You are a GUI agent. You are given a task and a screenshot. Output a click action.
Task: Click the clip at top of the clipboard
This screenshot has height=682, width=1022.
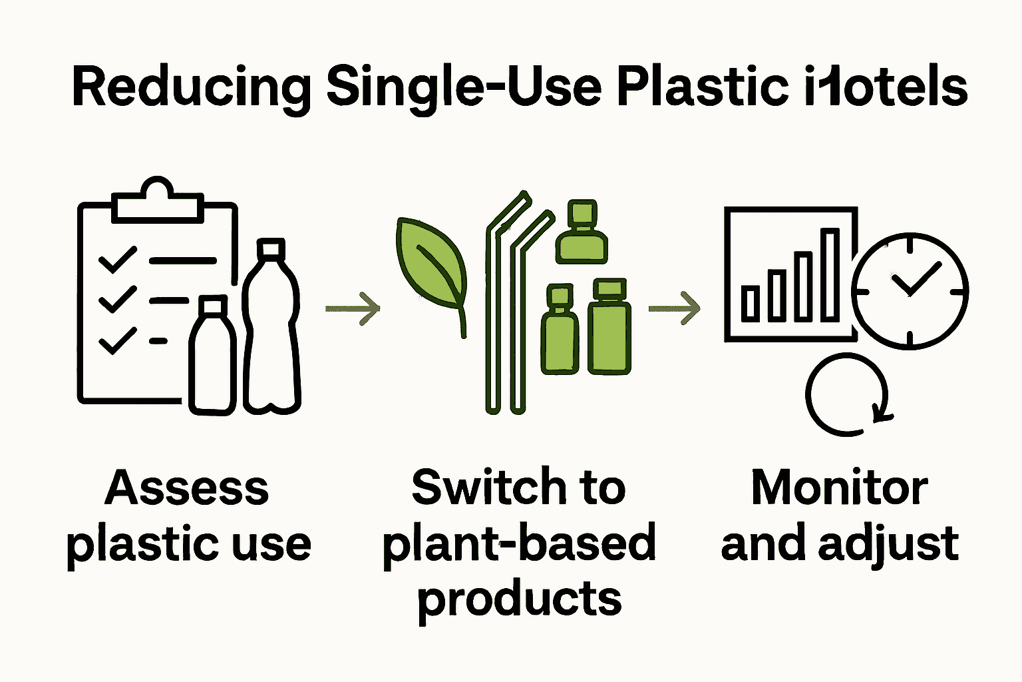click(157, 200)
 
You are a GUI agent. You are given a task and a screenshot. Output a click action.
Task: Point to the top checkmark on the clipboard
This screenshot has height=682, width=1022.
click(118, 260)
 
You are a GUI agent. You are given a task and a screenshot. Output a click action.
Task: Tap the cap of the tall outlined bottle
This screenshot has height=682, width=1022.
click(271, 248)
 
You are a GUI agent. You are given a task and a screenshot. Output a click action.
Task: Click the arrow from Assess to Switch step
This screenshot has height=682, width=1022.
click(353, 308)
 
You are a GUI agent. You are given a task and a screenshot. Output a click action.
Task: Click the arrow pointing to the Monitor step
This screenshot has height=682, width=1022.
click(674, 308)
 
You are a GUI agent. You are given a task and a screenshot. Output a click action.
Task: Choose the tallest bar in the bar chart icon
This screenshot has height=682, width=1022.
click(830, 274)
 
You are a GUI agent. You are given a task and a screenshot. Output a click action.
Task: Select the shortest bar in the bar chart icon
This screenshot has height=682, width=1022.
click(751, 302)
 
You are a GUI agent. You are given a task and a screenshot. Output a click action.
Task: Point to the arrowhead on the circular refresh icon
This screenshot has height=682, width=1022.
click(882, 414)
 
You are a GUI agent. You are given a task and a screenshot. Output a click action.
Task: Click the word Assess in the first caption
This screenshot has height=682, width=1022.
click(187, 488)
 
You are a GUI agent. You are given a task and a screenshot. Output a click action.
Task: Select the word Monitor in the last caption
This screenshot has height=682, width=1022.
click(839, 488)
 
